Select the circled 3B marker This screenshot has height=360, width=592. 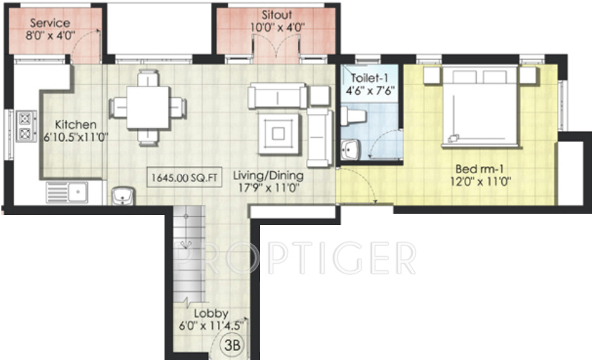pyautogui.click(x=233, y=345)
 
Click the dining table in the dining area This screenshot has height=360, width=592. pyautogui.click(x=148, y=107)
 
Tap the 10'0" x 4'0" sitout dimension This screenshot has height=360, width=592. pyautogui.click(x=276, y=27)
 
